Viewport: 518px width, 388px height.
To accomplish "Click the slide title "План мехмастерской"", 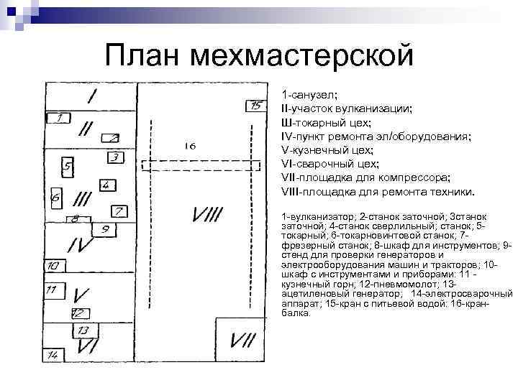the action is (259, 55).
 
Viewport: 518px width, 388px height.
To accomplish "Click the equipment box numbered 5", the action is (68, 167).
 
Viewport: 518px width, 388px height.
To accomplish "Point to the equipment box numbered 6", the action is (56, 195).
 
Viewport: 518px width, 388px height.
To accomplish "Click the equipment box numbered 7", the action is (118, 211).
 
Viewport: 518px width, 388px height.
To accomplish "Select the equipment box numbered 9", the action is (105, 230).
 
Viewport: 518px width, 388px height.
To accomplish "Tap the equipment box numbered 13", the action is (83, 331).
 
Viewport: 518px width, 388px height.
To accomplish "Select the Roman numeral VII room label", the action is (244, 340).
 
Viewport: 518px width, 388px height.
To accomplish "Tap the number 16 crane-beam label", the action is (190, 146).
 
